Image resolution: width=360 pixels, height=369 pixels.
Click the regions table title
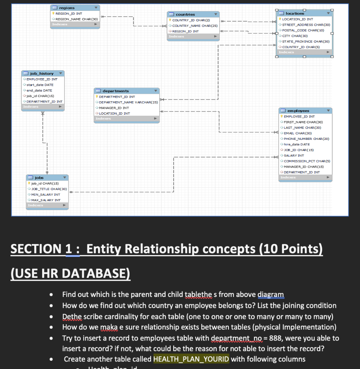67,8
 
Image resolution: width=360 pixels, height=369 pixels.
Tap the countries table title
185,14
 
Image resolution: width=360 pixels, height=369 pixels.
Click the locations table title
295,13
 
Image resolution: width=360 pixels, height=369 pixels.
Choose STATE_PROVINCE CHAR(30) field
306,41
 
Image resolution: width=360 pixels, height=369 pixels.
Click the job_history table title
42,74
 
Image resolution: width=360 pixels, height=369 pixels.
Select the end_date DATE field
39,90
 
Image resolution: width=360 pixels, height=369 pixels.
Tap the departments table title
115,91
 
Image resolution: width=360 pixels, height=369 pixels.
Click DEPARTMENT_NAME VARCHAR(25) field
128,102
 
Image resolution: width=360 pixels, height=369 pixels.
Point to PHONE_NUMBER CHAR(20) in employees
306,139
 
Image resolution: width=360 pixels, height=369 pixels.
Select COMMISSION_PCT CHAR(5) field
307,161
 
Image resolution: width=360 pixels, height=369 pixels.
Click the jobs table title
39,178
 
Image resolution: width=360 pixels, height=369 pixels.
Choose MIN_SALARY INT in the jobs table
45,195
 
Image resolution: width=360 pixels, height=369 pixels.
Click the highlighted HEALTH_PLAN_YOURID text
191,359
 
